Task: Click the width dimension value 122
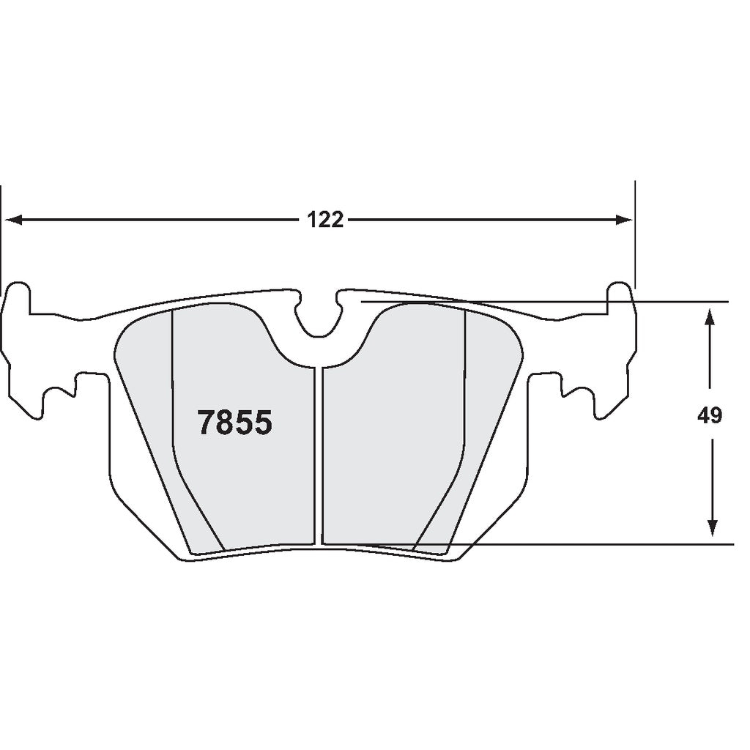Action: click(x=325, y=220)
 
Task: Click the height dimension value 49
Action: click(x=709, y=416)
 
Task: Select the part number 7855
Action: click(x=235, y=423)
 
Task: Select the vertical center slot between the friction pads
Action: click(x=319, y=454)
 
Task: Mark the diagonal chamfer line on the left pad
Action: click(x=198, y=505)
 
